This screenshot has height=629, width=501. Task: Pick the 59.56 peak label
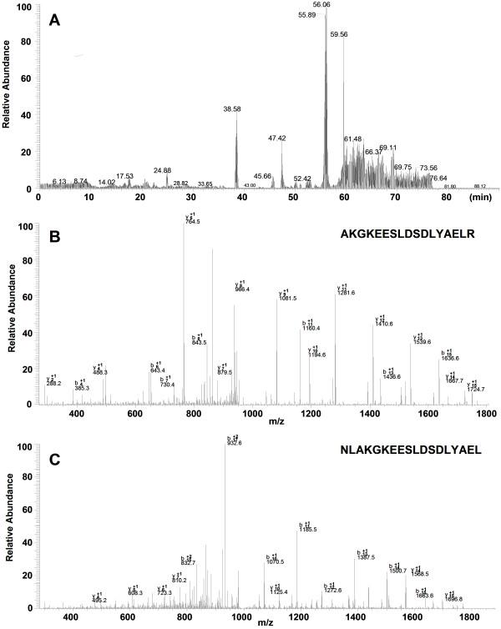point(339,34)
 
